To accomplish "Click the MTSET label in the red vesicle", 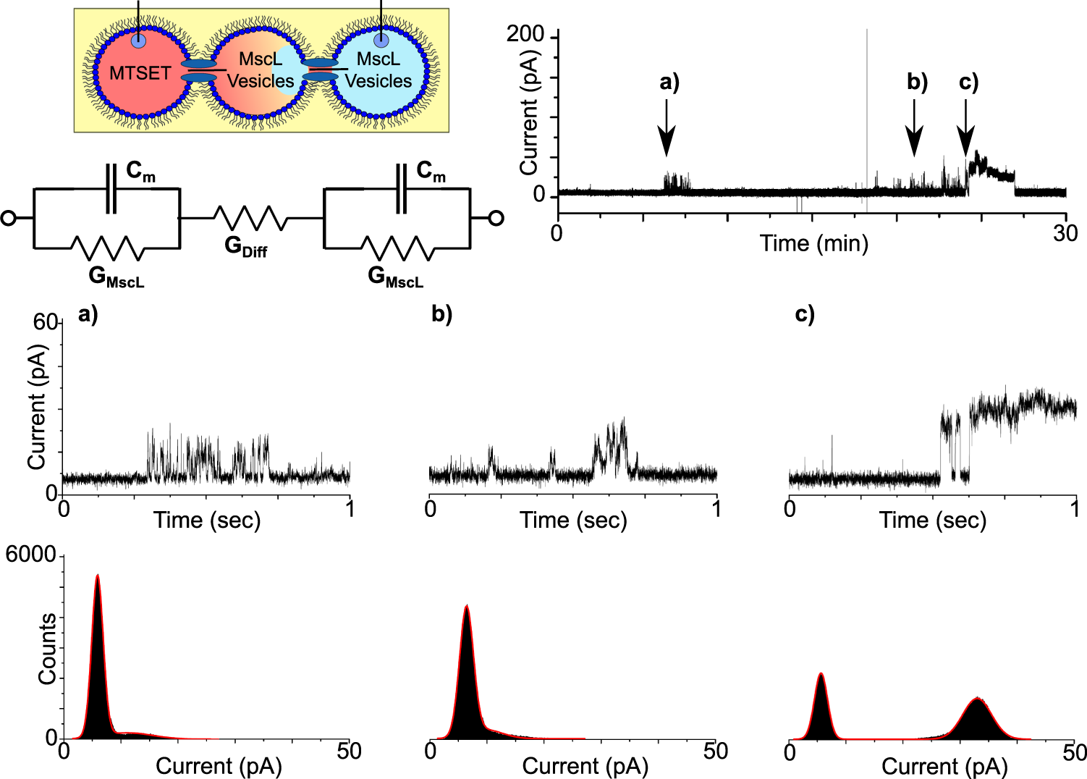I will pyautogui.click(x=140, y=73).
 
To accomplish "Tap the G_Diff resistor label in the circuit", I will pyautogui.click(x=245, y=247).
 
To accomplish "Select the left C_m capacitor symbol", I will pyautogui.click(x=111, y=189).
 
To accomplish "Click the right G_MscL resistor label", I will pyautogui.click(x=395, y=277).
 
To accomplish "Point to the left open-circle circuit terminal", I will pyautogui.click(x=9, y=218).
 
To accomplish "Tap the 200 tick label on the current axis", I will pyautogui.click(x=525, y=34).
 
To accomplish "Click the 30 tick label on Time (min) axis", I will pyautogui.click(x=1065, y=234).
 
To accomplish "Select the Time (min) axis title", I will pyautogui.click(x=813, y=243).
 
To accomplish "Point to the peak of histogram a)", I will pyautogui.click(x=97, y=577).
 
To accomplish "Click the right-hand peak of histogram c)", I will pyautogui.click(x=978, y=699).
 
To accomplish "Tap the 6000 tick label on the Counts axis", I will pyautogui.click(x=30, y=555).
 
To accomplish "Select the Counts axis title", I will pyautogui.click(x=47, y=649).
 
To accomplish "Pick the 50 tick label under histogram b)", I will pyautogui.click(x=715, y=752).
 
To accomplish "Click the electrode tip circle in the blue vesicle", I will pyautogui.click(x=381, y=41).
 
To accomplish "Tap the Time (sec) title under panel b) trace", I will pyautogui.click(x=573, y=521).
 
